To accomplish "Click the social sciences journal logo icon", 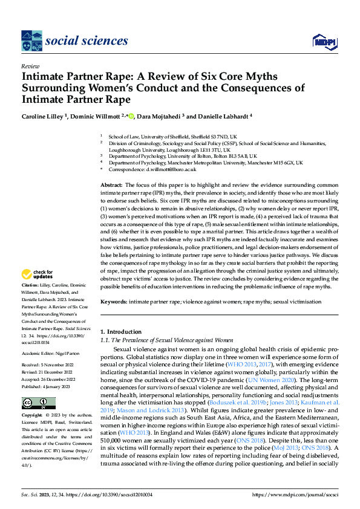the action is (x=31, y=41).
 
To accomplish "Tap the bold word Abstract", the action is (x=112, y=183).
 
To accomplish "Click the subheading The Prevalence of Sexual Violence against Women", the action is (x=166, y=340).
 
